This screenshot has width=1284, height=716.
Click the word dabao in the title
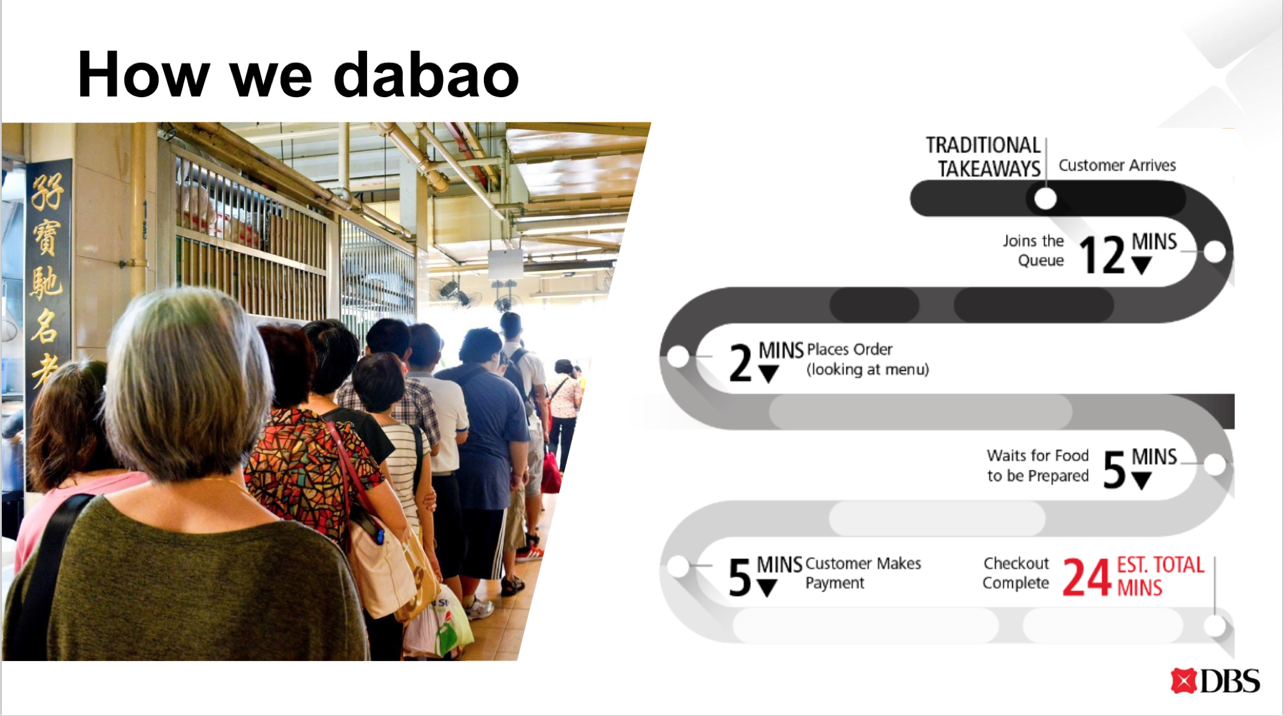pyautogui.click(x=426, y=75)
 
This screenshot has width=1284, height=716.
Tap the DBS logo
pyautogui.click(x=1215, y=681)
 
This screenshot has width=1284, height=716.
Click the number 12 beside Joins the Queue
pyautogui.click(x=1102, y=255)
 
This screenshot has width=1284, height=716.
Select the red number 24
pyautogui.click(x=1086, y=577)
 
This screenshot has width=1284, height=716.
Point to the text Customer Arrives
pyautogui.click(x=1117, y=166)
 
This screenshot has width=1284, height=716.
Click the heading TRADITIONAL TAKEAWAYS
pyautogui.click(x=984, y=156)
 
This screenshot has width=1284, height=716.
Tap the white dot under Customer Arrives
pyautogui.click(x=1045, y=199)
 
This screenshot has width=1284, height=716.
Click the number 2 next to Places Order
pyautogui.click(x=740, y=363)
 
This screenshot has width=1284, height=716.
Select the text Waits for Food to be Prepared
pyautogui.click(x=1037, y=466)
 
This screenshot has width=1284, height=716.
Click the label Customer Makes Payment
pyautogui.click(x=863, y=573)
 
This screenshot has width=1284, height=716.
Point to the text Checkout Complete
pyautogui.click(x=1015, y=573)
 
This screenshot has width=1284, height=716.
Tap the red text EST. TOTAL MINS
pyautogui.click(x=1160, y=576)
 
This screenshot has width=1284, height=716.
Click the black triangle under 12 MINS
pyautogui.click(x=1141, y=266)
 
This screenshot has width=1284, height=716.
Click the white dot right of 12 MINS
pyautogui.click(x=1215, y=252)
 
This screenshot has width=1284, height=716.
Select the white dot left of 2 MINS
pyautogui.click(x=678, y=357)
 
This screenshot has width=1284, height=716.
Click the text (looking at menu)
pyautogui.click(x=867, y=370)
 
